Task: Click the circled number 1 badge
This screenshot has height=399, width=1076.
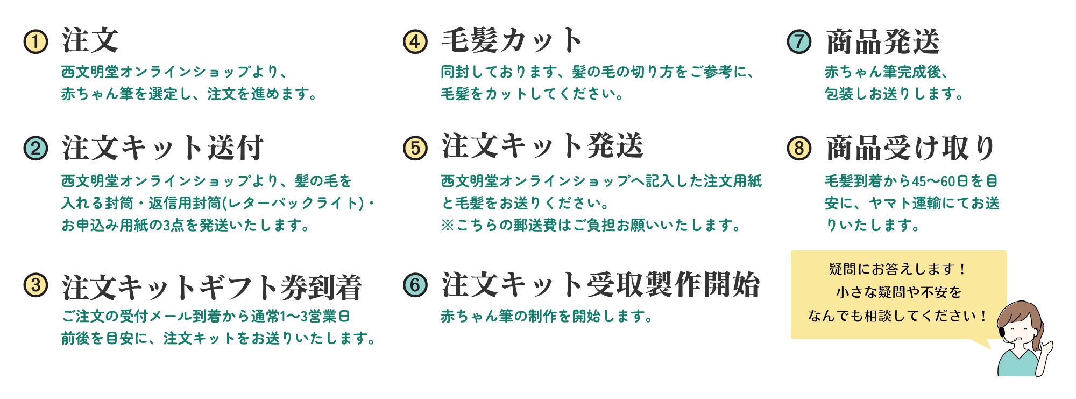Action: [36, 42]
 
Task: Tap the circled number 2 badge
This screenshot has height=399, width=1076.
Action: [36, 148]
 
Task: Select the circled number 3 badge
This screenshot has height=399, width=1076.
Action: [36, 285]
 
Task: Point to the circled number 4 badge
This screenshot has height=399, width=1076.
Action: [415, 42]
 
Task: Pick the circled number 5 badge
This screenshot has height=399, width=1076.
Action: [415, 148]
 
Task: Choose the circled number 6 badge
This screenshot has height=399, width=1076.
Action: [415, 285]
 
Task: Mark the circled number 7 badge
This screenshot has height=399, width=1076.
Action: [799, 42]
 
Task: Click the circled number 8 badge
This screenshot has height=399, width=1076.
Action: [799, 148]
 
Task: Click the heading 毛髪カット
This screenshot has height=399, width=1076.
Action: [512, 41]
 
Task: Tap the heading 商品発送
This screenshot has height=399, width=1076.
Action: [883, 42]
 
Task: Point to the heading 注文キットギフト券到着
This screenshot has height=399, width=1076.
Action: [212, 286]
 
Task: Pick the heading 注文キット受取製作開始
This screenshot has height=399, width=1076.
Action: [600, 285]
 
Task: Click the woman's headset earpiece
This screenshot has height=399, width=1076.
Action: [1002, 333]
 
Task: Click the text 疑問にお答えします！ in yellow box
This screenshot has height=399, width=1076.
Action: [898, 269]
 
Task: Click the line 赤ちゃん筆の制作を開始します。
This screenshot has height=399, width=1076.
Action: [547, 316]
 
